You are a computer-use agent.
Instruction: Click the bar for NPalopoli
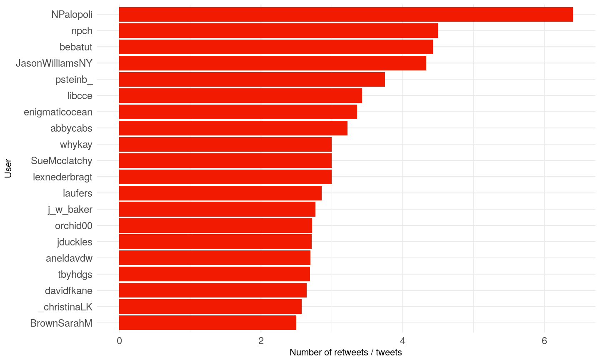(346, 15)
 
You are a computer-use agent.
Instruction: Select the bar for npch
(278, 31)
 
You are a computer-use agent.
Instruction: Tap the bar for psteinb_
(252, 80)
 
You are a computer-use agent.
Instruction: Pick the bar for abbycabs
(233, 128)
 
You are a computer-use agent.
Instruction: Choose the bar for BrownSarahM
(207, 323)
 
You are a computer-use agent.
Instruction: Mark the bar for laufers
(220, 193)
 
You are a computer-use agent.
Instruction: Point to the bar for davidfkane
(213, 290)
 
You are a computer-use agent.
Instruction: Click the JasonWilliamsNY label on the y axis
(54, 63)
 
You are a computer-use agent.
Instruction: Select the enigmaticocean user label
(58, 112)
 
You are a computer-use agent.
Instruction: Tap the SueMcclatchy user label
(62, 161)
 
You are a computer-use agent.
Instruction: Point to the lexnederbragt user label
(62, 177)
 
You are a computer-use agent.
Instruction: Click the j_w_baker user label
(70, 210)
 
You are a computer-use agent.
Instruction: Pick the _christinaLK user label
(65, 307)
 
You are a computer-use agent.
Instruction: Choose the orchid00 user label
(74, 226)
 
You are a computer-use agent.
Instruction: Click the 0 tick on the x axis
(120, 341)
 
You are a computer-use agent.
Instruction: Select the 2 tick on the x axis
(261, 341)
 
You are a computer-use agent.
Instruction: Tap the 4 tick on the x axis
(402, 341)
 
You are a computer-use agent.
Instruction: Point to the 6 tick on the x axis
(544, 341)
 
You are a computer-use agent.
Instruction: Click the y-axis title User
(8, 169)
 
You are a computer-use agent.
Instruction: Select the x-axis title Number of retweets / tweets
(345, 352)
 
